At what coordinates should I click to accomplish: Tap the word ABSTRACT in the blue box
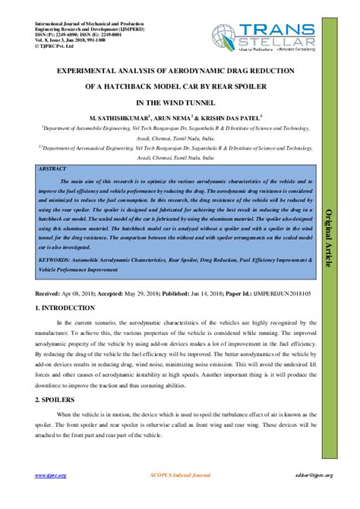52,168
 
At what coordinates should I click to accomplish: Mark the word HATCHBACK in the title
134,84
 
